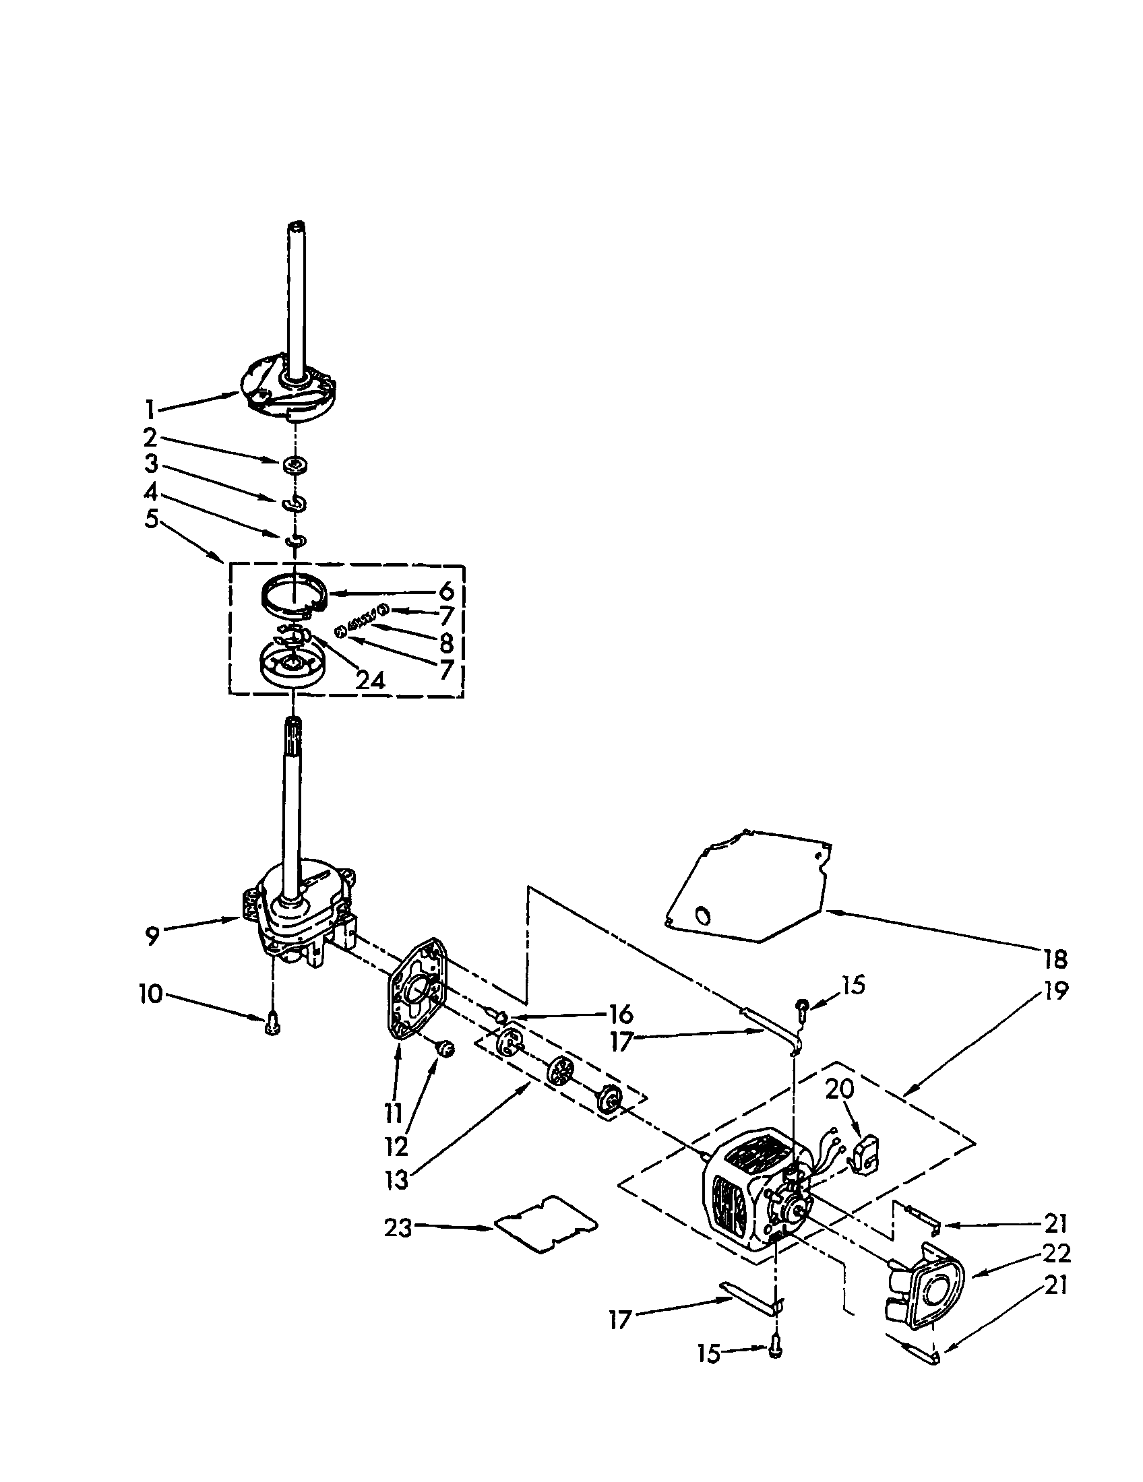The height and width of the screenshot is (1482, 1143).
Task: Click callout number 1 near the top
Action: tap(150, 409)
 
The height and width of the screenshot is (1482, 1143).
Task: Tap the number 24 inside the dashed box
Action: tap(370, 680)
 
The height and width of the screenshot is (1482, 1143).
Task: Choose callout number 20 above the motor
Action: tap(840, 1089)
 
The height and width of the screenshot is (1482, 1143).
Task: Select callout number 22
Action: tap(1056, 1253)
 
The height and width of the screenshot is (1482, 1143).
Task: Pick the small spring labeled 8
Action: tap(361, 622)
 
